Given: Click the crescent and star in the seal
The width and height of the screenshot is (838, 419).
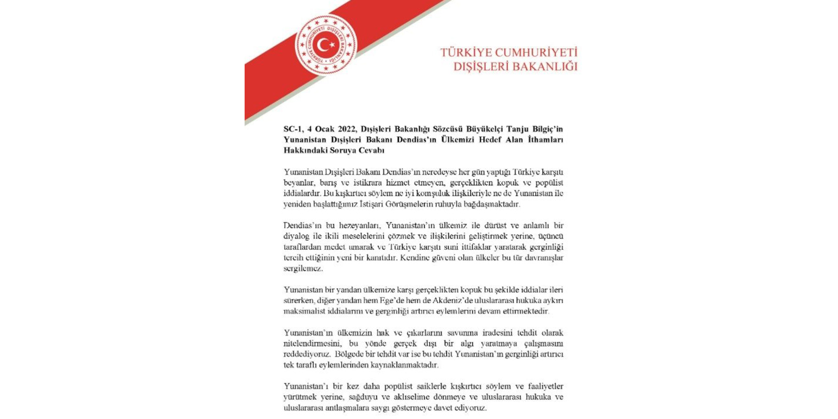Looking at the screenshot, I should pos(326,45).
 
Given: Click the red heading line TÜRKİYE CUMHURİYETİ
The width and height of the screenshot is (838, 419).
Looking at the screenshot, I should pos(509,53).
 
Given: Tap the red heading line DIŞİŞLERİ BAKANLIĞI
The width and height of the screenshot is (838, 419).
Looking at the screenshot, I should pos(515,67).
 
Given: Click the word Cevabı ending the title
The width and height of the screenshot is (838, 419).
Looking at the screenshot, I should pos(371,150).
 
